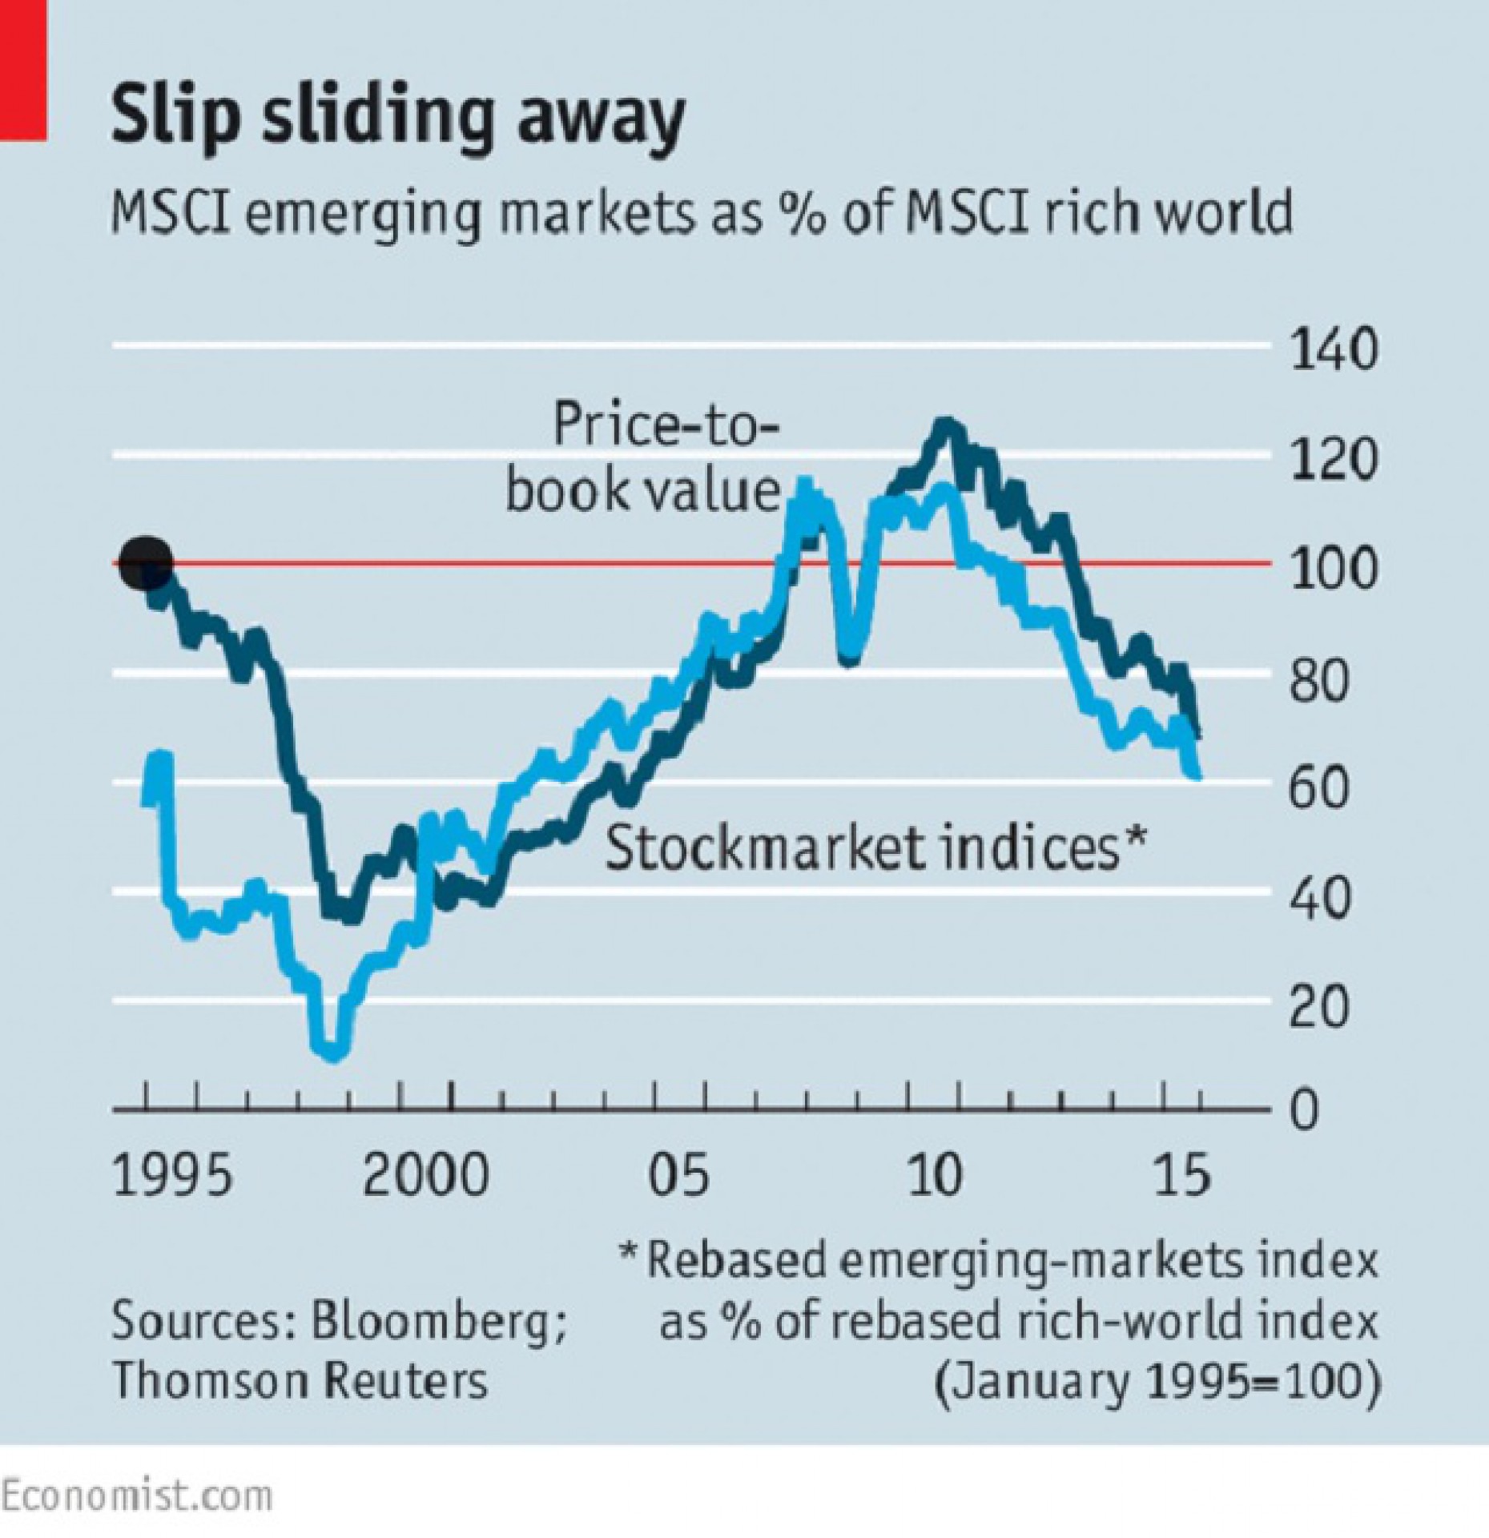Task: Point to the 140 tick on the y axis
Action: [1333, 350]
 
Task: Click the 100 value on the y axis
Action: [1333, 569]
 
